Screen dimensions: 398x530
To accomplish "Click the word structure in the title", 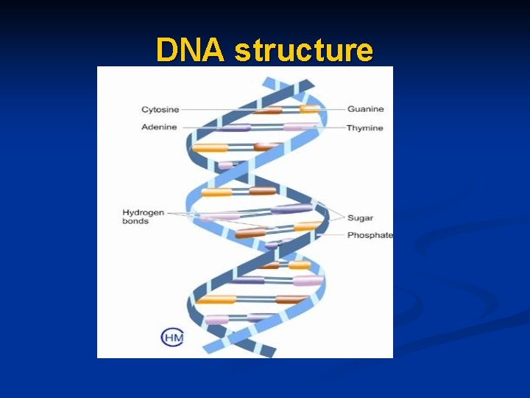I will [303, 50].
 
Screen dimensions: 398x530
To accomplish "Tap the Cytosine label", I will [160, 109].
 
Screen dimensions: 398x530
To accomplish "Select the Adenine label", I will [159, 128].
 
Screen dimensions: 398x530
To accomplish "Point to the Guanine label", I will [366, 109].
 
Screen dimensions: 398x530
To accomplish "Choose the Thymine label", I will [366, 128].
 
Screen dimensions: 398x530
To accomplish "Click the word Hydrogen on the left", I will [143, 212].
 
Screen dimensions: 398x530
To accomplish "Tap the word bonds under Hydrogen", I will [135, 221].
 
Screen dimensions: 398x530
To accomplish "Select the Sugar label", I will [360, 217].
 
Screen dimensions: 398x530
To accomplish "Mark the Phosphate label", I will [370, 235].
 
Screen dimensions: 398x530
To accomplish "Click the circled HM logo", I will [172, 338].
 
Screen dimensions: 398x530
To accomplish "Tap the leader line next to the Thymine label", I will [335, 128].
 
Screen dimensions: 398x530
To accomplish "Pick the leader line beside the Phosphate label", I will [335, 235].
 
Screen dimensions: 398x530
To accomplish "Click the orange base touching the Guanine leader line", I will [309, 109].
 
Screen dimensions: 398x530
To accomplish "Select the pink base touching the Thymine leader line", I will [298, 128].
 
